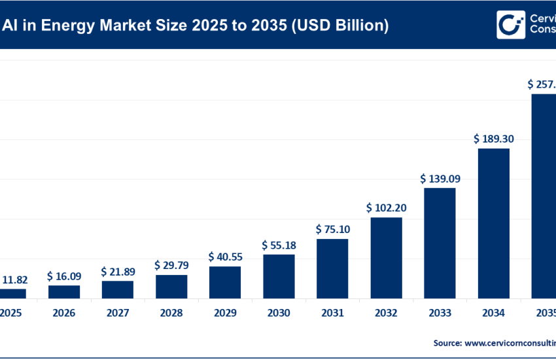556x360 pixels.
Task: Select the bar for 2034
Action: (x=493, y=223)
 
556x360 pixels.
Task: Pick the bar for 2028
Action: (x=171, y=287)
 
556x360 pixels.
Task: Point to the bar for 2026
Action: (x=64, y=292)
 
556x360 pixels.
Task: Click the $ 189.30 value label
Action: (x=493, y=139)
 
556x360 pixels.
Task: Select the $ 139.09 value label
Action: (x=440, y=178)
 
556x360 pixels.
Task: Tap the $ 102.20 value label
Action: (x=386, y=207)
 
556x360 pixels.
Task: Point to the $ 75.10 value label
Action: (x=332, y=229)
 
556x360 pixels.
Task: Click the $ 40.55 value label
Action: (x=225, y=257)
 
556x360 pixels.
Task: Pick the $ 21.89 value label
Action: (x=118, y=271)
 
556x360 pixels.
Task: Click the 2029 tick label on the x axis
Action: (x=225, y=314)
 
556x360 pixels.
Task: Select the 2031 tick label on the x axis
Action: (x=332, y=314)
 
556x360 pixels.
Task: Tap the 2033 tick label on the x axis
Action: (x=440, y=314)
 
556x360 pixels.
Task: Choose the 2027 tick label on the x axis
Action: (x=118, y=314)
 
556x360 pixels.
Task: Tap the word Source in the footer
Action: (x=447, y=342)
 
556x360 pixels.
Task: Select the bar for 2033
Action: (x=440, y=243)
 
